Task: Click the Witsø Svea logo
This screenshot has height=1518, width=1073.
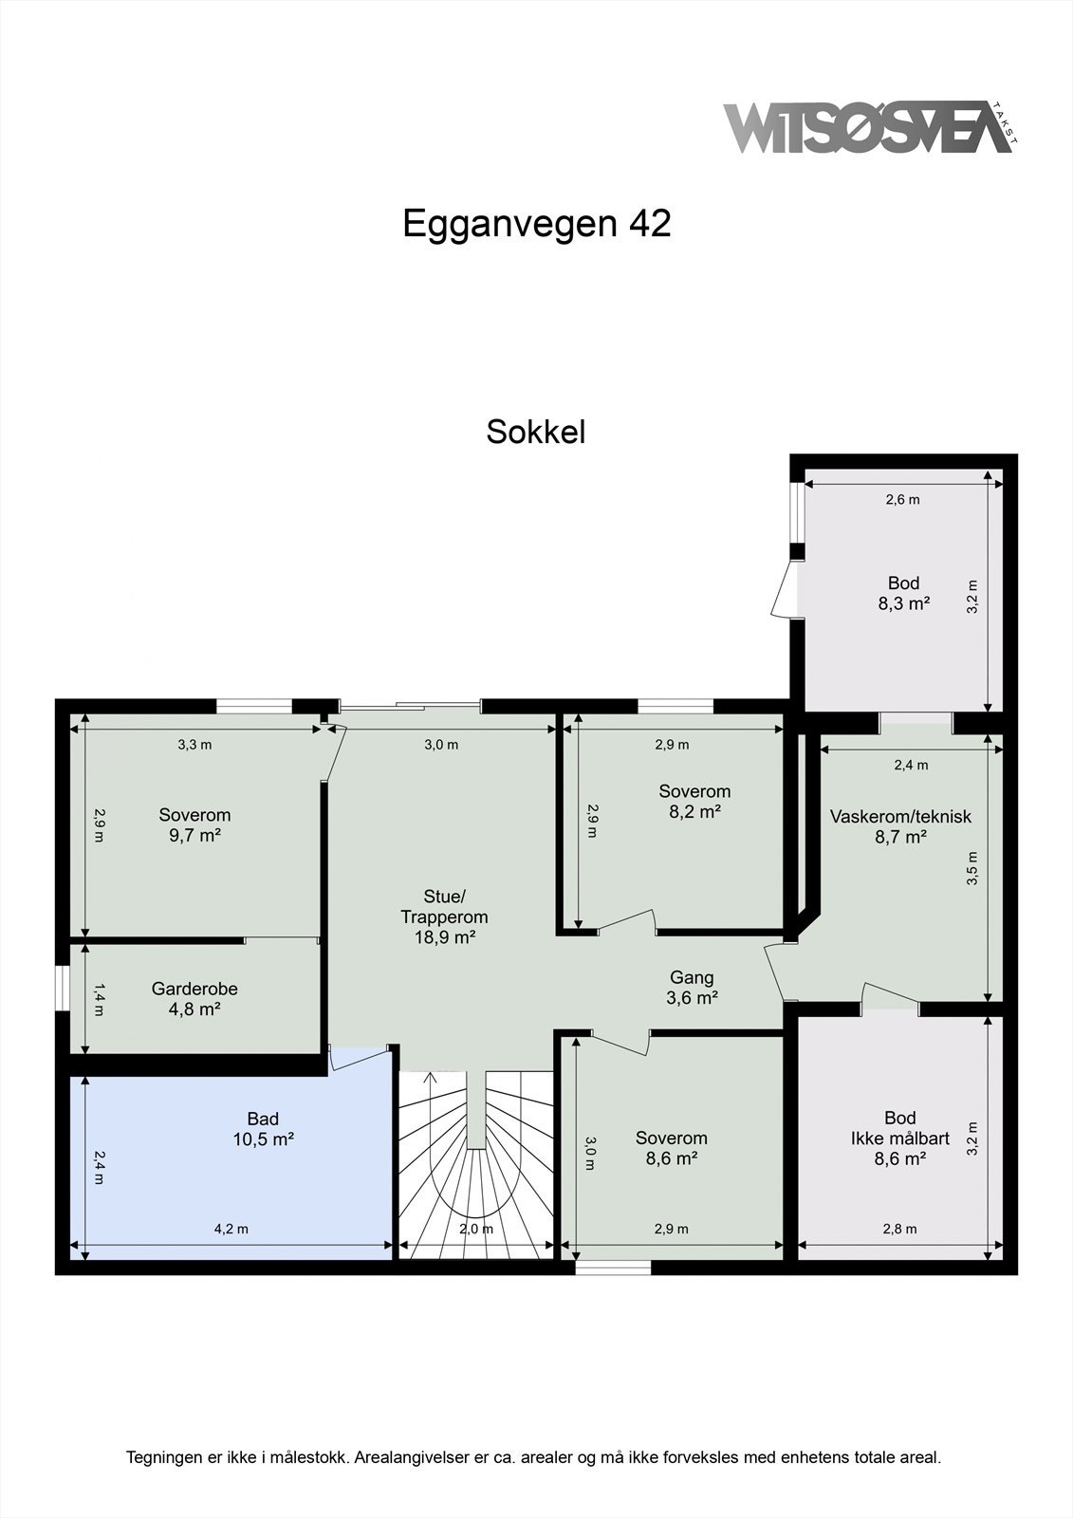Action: [x=868, y=128]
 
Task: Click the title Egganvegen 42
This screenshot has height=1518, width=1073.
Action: [x=536, y=224]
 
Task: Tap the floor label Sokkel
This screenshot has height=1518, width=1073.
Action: [x=535, y=432]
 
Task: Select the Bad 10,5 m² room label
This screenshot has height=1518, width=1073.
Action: [x=263, y=1129]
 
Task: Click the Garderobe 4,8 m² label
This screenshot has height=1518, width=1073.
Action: [x=194, y=999]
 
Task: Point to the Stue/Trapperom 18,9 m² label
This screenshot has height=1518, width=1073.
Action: [x=444, y=916]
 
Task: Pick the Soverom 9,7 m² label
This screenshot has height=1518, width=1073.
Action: [x=194, y=824]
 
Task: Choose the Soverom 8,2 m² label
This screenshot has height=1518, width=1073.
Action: [x=694, y=801]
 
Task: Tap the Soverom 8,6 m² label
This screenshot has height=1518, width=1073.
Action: [x=671, y=1148]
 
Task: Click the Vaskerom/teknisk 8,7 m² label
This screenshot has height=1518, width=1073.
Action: [x=900, y=826]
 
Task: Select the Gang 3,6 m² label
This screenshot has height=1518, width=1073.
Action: [x=692, y=987]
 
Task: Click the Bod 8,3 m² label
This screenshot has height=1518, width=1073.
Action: [x=903, y=593]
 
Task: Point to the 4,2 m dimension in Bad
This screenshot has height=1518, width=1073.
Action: [x=231, y=1229]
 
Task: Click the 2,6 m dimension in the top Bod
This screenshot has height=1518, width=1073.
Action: [x=902, y=499]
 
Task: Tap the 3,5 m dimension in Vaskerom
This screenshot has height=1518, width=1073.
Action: [x=971, y=868]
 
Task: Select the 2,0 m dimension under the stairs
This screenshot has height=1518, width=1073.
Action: [x=475, y=1229]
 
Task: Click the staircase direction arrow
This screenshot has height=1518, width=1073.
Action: [x=430, y=1076]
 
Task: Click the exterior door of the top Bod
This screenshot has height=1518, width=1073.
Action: [x=784, y=590]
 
